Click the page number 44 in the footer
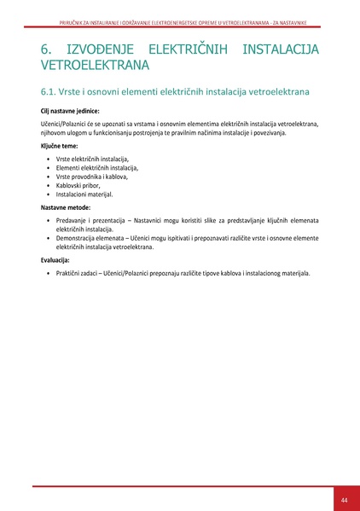[x=344, y=499]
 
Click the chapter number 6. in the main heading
[x=49, y=49]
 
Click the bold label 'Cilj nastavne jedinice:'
[x=69, y=111]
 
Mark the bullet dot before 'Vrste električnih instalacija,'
[x=47, y=160]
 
